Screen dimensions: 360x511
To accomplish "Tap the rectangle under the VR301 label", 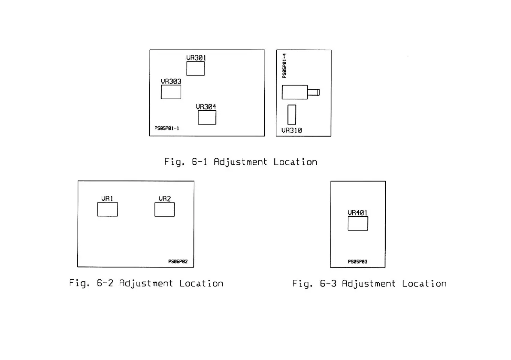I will pos(195,69).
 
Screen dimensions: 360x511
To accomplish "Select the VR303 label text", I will pos(171,81).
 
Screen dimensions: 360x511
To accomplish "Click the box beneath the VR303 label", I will pos(171,92).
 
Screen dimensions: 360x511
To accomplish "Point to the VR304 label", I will pos(206,107).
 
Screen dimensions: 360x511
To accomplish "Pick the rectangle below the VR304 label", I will pos(207,118).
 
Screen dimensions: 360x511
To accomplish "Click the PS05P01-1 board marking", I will pos(166,128).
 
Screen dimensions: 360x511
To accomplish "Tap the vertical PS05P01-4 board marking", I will pos(284,66).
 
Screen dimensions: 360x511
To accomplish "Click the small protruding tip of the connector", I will pos(317,92).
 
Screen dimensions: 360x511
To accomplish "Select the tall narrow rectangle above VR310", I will pos(292,115).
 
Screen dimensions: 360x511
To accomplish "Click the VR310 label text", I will pos(292,130).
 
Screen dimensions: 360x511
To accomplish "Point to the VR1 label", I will pos(107,199).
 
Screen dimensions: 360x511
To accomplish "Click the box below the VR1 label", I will pos(107,209).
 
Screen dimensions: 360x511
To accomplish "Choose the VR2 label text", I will pos(164,199).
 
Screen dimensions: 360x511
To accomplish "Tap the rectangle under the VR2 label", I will pos(164,209).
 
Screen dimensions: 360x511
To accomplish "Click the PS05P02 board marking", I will pos(178,261).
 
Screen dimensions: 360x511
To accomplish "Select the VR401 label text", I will pos(357,212).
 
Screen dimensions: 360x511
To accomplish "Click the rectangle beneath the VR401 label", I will pos(357,224).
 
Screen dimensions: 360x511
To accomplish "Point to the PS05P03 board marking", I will pos(357,261).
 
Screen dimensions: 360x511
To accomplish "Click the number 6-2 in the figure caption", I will pos(106,284).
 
